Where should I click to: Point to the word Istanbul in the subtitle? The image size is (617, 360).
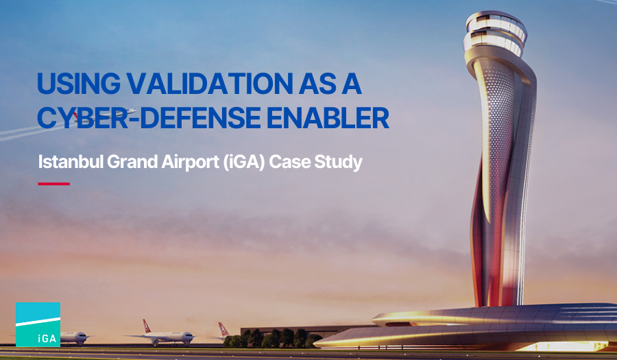point(66,163)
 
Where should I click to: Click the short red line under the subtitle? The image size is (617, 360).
point(53,184)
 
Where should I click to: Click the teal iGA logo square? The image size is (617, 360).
point(38,324)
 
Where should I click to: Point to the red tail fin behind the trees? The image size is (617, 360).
point(223,329)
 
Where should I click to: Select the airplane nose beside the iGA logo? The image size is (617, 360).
point(75,337)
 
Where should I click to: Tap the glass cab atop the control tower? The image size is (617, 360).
point(494,31)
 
